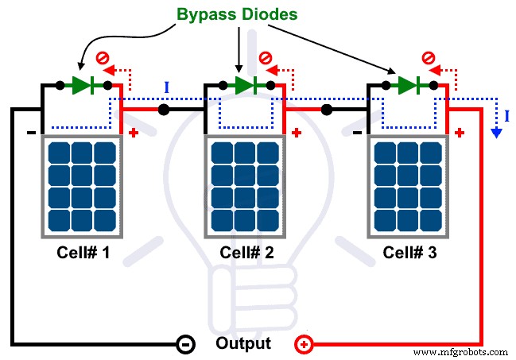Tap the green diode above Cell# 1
(83, 85)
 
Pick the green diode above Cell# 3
(409, 85)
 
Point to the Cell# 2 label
(246, 253)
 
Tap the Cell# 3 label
(410, 253)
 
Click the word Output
(243, 344)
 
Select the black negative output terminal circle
(182, 345)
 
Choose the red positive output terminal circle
(304, 345)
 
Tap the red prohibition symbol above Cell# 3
(428, 58)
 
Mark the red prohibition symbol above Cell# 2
(265, 58)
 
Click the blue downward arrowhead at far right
(496, 133)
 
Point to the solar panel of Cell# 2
(246, 185)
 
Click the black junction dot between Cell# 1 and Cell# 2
(163, 110)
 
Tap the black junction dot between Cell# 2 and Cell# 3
(327, 110)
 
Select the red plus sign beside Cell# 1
(133, 132)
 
